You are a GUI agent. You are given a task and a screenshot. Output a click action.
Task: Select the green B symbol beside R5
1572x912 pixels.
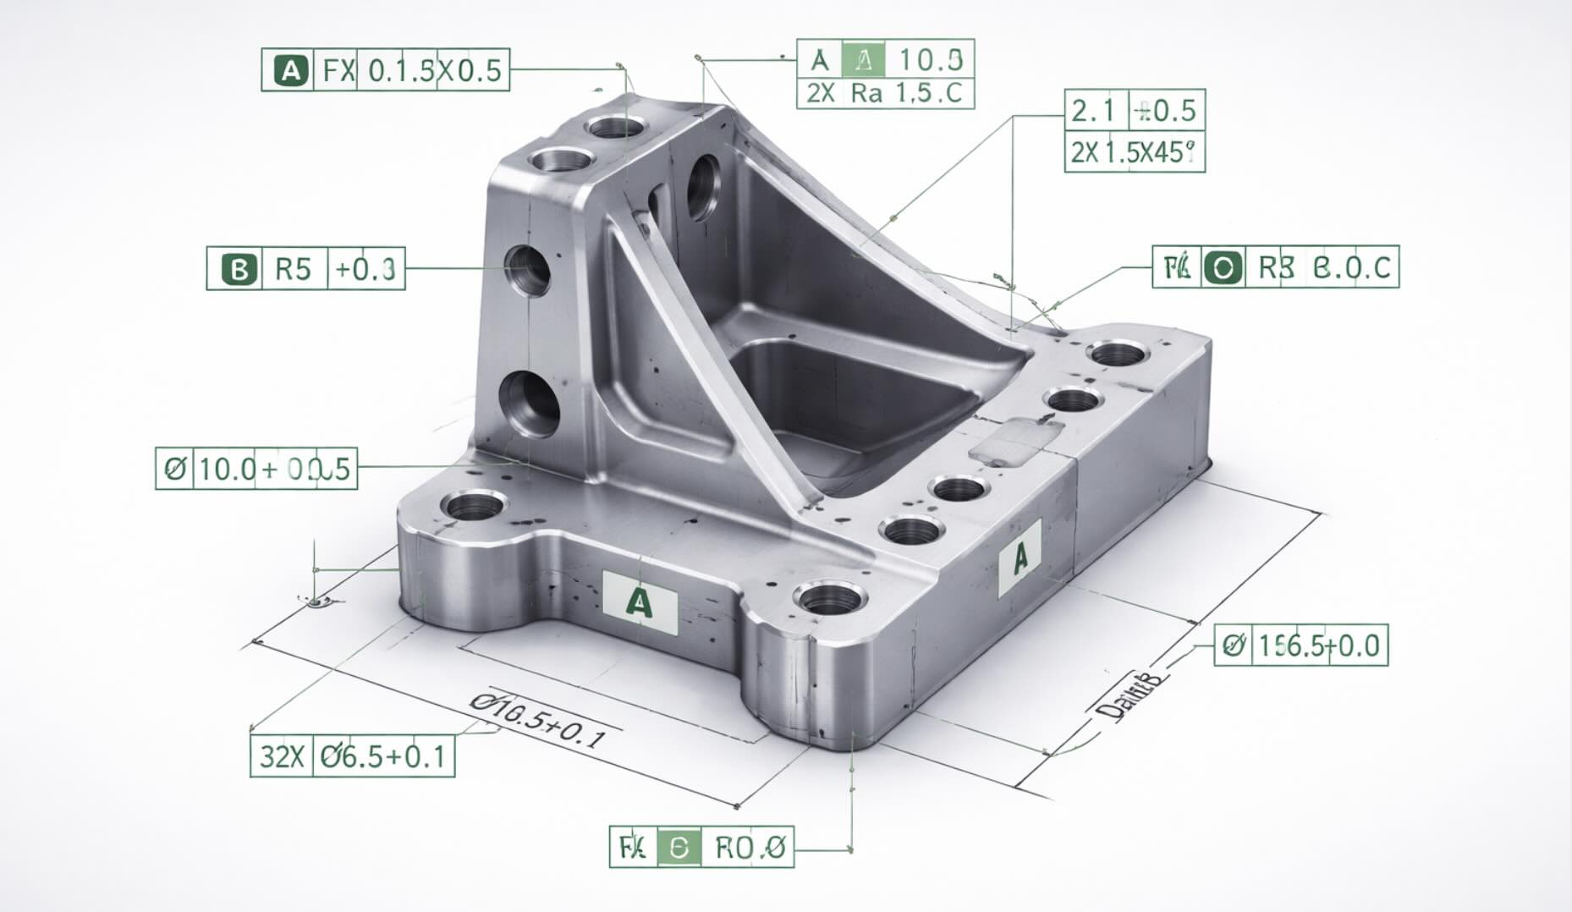(x=239, y=269)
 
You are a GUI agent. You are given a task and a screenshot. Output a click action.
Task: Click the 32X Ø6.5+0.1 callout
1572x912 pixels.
(x=352, y=755)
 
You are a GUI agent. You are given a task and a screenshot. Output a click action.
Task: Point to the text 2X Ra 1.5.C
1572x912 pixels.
(x=885, y=93)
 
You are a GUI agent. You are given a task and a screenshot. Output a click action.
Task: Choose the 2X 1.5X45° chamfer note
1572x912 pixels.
(x=1134, y=152)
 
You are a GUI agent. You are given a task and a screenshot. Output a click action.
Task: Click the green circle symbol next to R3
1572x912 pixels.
(x=1223, y=268)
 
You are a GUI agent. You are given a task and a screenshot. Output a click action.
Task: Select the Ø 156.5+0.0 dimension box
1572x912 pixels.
(x=1301, y=646)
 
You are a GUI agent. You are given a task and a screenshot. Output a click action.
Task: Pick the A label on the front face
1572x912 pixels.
(x=640, y=602)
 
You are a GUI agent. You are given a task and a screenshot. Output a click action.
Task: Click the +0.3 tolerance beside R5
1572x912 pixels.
(x=366, y=269)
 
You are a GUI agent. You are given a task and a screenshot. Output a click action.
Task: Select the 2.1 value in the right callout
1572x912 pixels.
(x=1094, y=110)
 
